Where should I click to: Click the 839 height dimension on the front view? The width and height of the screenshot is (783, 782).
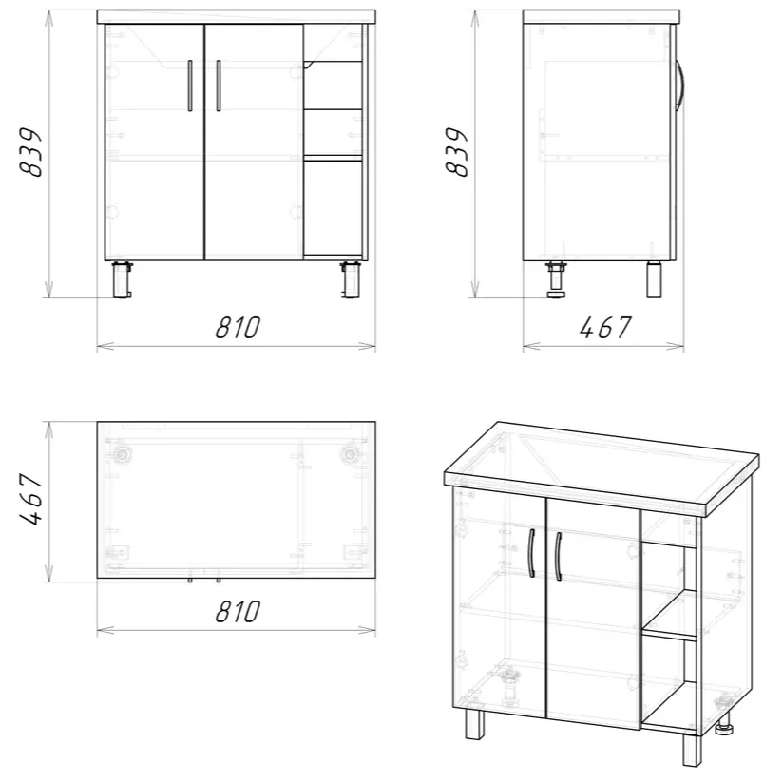[x=30, y=152]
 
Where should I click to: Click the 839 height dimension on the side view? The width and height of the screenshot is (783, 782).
[x=456, y=152]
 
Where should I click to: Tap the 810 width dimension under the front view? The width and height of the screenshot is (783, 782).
[x=238, y=328]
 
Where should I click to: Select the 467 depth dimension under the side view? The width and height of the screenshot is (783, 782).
[x=605, y=328]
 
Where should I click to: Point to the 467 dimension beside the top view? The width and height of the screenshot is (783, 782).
[x=30, y=500]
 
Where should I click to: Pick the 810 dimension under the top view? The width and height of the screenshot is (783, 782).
[x=238, y=611]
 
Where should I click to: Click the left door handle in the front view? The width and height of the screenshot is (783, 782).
[x=190, y=86]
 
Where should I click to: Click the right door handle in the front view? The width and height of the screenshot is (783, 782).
[x=219, y=86]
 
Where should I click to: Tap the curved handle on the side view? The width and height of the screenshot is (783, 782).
[x=680, y=86]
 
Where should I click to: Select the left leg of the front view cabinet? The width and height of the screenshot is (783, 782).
[x=122, y=279]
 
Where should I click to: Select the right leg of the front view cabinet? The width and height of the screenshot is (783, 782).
[x=351, y=279]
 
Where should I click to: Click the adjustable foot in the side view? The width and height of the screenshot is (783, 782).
[x=556, y=279]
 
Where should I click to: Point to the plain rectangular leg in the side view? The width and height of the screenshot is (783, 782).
[x=655, y=279]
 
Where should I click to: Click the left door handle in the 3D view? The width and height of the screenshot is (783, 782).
[x=532, y=553]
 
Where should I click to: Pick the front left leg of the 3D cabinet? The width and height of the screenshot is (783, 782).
[x=475, y=724]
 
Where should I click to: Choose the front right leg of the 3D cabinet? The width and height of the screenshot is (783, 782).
[x=692, y=750]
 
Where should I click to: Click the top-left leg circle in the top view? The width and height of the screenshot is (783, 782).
[x=122, y=454]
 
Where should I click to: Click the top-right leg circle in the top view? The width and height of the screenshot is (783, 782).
[x=350, y=454]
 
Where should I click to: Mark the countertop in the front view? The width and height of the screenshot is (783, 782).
[x=237, y=17]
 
